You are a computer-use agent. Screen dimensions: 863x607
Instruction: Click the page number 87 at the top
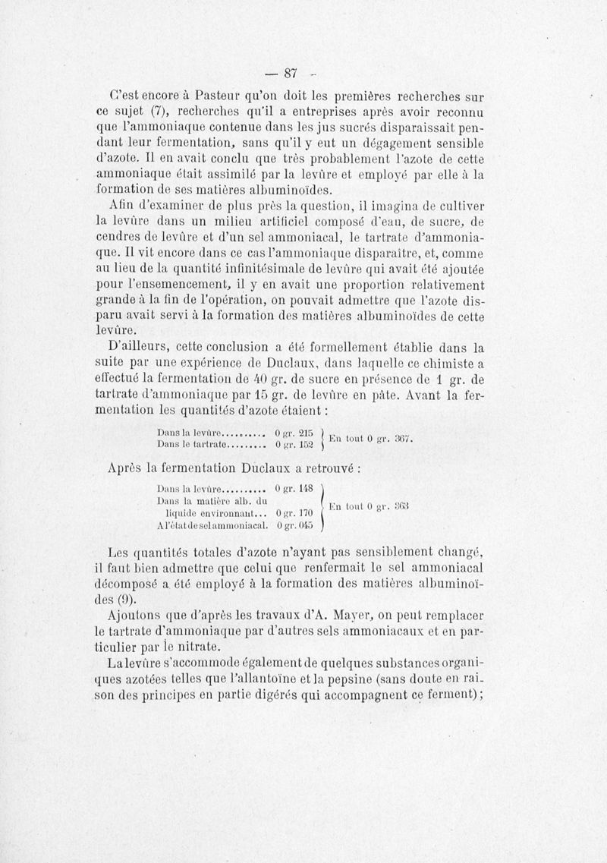click(289, 73)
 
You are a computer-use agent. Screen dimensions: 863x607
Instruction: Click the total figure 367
click(400, 438)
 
